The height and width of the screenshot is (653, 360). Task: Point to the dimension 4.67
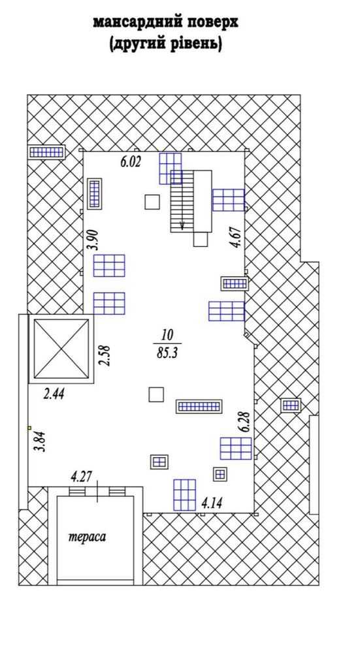(x=237, y=238)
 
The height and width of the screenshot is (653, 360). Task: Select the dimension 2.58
(x=105, y=355)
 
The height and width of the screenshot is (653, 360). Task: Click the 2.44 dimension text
(x=54, y=394)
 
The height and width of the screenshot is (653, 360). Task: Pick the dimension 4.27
(x=82, y=476)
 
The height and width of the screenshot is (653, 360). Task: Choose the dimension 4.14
(x=211, y=503)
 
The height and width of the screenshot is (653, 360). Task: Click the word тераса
(x=87, y=537)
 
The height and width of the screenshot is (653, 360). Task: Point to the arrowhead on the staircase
(x=182, y=225)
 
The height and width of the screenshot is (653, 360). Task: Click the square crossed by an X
(x=61, y=349)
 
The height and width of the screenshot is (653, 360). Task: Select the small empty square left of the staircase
(x=152, y=202)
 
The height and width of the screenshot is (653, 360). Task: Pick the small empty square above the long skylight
(x=156, y=394)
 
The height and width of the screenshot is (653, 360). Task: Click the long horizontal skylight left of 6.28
(x=199, y=406)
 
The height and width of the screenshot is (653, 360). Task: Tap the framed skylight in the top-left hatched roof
(x=46, y=152)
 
